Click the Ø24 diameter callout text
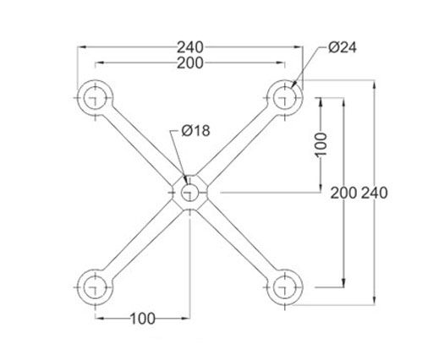343,47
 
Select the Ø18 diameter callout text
195,131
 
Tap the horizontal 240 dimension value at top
190,47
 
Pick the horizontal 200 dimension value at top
190,63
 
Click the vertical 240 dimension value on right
375,193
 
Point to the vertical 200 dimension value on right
343,193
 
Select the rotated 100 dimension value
321,145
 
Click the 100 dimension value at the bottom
143,319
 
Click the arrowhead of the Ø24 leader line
293,84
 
